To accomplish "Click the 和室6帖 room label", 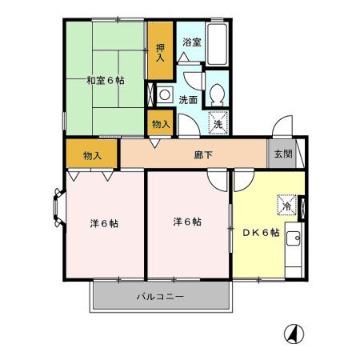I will pos(105,79).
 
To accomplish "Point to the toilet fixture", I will pos(217,95).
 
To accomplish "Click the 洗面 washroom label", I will pos(188,101).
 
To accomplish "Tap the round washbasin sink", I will pos(163,94).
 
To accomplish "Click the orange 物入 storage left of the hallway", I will pos(92,154).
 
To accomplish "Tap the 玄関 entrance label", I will pos(282,154).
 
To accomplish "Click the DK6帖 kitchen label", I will pos(260,232).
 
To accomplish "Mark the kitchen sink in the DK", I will pos(293,238).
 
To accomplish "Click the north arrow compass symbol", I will pos(294,333).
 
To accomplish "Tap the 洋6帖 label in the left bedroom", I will pos(104,223).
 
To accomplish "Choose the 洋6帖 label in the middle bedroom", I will pos(187,221).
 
